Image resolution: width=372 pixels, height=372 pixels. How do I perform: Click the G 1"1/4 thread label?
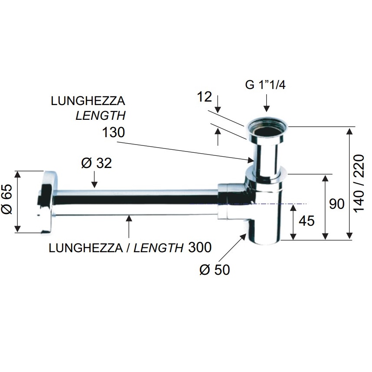265,85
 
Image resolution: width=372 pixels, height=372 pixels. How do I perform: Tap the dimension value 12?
205,97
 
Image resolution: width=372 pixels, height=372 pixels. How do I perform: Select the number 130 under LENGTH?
114,132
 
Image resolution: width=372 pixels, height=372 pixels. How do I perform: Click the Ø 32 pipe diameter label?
97,163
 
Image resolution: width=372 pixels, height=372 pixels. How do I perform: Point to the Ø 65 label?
7,200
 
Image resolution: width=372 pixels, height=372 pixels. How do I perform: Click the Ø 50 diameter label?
215,270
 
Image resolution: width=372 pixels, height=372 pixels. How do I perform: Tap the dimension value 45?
307,221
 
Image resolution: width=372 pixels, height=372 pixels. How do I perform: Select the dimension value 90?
336,204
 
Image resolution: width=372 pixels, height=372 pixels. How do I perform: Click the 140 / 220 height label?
359,183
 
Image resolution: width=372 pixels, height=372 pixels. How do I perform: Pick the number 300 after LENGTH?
200,247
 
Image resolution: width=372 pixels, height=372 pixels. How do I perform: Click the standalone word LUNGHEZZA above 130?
88,101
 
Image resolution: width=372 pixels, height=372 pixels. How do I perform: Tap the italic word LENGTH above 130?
101,116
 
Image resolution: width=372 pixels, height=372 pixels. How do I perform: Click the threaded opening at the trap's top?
267,129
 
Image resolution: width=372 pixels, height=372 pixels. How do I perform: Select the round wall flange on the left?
47,202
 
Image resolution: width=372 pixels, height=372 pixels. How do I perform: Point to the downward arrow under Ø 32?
94,179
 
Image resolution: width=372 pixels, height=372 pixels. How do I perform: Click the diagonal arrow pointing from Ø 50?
232,247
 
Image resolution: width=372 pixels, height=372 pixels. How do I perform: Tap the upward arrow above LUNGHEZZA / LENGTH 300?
129,226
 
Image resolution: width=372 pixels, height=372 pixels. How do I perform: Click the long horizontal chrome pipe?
135,202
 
